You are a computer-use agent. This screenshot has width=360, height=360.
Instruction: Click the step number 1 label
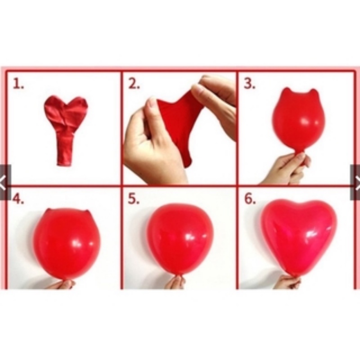click(x=18, y=84)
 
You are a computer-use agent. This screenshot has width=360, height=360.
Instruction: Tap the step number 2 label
click(x=134, y=84)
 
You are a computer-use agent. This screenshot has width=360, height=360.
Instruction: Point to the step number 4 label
click(x=18, y=198)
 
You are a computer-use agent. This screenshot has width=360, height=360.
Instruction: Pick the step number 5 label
click(x=134, y=198)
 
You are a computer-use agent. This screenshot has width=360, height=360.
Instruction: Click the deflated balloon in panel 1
click(x=65, y=126)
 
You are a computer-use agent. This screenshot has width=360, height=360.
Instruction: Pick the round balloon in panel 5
click(x=180, y=238)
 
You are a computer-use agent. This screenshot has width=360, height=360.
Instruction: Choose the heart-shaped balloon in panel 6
click(x=299, y=234)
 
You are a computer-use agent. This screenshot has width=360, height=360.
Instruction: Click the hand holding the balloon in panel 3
click(x=288, y=169)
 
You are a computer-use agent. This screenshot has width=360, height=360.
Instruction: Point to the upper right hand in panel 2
click(x=216, y=99)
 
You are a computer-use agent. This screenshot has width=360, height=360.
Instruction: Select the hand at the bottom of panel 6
click(x=288, y=283)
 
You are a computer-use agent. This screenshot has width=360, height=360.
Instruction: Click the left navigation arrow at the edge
click(x=4, y=182)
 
